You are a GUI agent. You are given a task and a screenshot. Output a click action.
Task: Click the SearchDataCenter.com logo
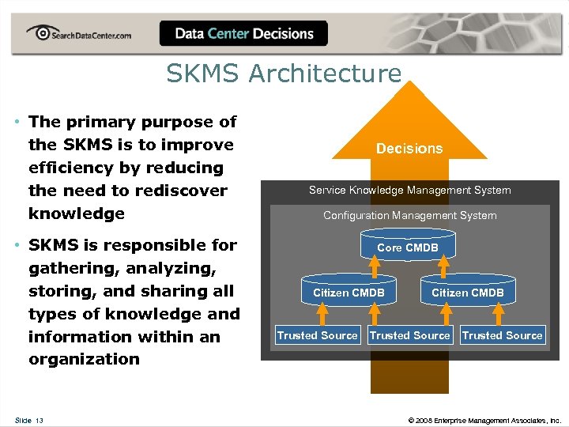pos(78,34)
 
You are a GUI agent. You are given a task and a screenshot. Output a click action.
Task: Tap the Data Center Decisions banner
pos(243,34)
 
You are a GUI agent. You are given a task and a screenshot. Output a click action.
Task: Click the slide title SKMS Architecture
pos(284,74)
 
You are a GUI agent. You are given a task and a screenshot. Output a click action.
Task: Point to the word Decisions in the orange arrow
pos(409,149)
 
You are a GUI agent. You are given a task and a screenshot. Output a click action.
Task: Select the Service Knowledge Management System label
pos(409,190)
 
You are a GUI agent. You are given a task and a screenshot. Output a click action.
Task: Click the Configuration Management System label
pos(409,215)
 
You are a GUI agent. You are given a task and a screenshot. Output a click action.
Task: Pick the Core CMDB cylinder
pos(408,248)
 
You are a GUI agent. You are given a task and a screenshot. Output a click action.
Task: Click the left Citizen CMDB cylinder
pos(349,293)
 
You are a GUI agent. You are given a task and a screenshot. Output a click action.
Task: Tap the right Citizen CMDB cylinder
pos(467,293)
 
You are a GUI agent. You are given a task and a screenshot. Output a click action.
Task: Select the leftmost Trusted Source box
pos(317,335)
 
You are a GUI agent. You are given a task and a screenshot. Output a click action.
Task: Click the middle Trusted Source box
pos(409,335)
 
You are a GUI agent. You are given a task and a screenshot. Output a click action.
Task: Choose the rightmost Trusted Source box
pos(502,335)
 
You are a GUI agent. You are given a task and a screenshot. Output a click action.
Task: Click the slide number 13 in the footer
pos(39,420)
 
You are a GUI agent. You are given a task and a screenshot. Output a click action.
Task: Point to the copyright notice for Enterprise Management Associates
pos(484,420)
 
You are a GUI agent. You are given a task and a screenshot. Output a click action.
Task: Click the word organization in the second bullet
pos(84,359)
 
